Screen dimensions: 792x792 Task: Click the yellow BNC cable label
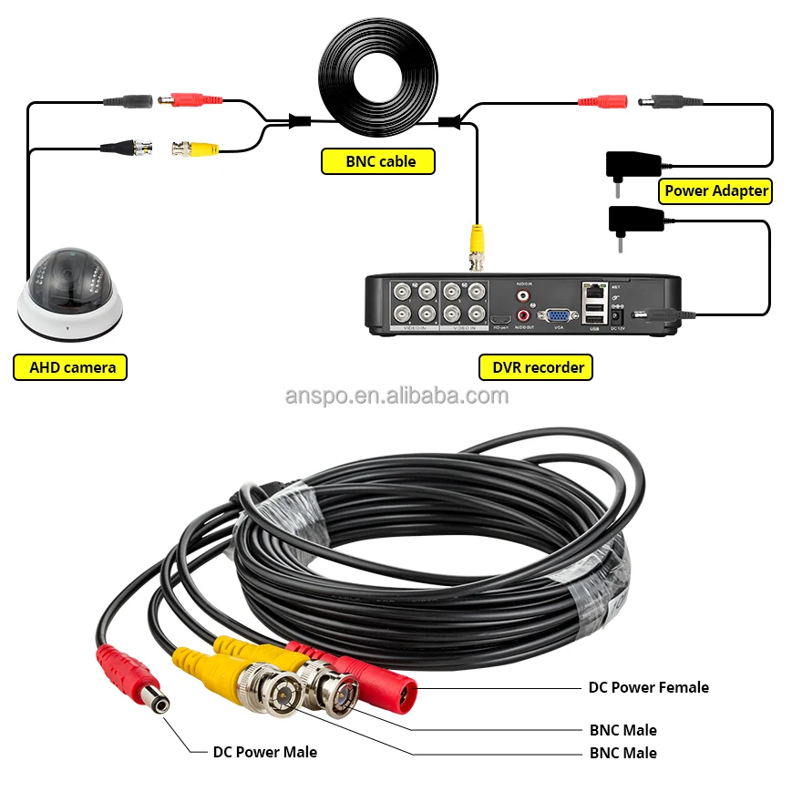pos(378,162)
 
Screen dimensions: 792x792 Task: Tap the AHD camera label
pos(71,367)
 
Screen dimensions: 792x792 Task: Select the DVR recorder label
pos(536,367)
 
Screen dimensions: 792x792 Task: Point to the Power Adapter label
pos(715,190)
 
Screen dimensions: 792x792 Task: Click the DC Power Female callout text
pos(648,687)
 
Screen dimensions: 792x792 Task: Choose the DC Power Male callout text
pos(264,752)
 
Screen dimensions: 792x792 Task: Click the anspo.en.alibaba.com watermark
pos(396,396)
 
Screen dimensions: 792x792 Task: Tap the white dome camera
pos(69,292)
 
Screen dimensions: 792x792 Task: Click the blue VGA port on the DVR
pos(558,315)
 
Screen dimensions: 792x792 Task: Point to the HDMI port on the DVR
pos(500,318)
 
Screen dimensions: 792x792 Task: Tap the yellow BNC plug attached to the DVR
pos(476,246)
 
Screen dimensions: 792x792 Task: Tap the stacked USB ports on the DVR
pos(593,315)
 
